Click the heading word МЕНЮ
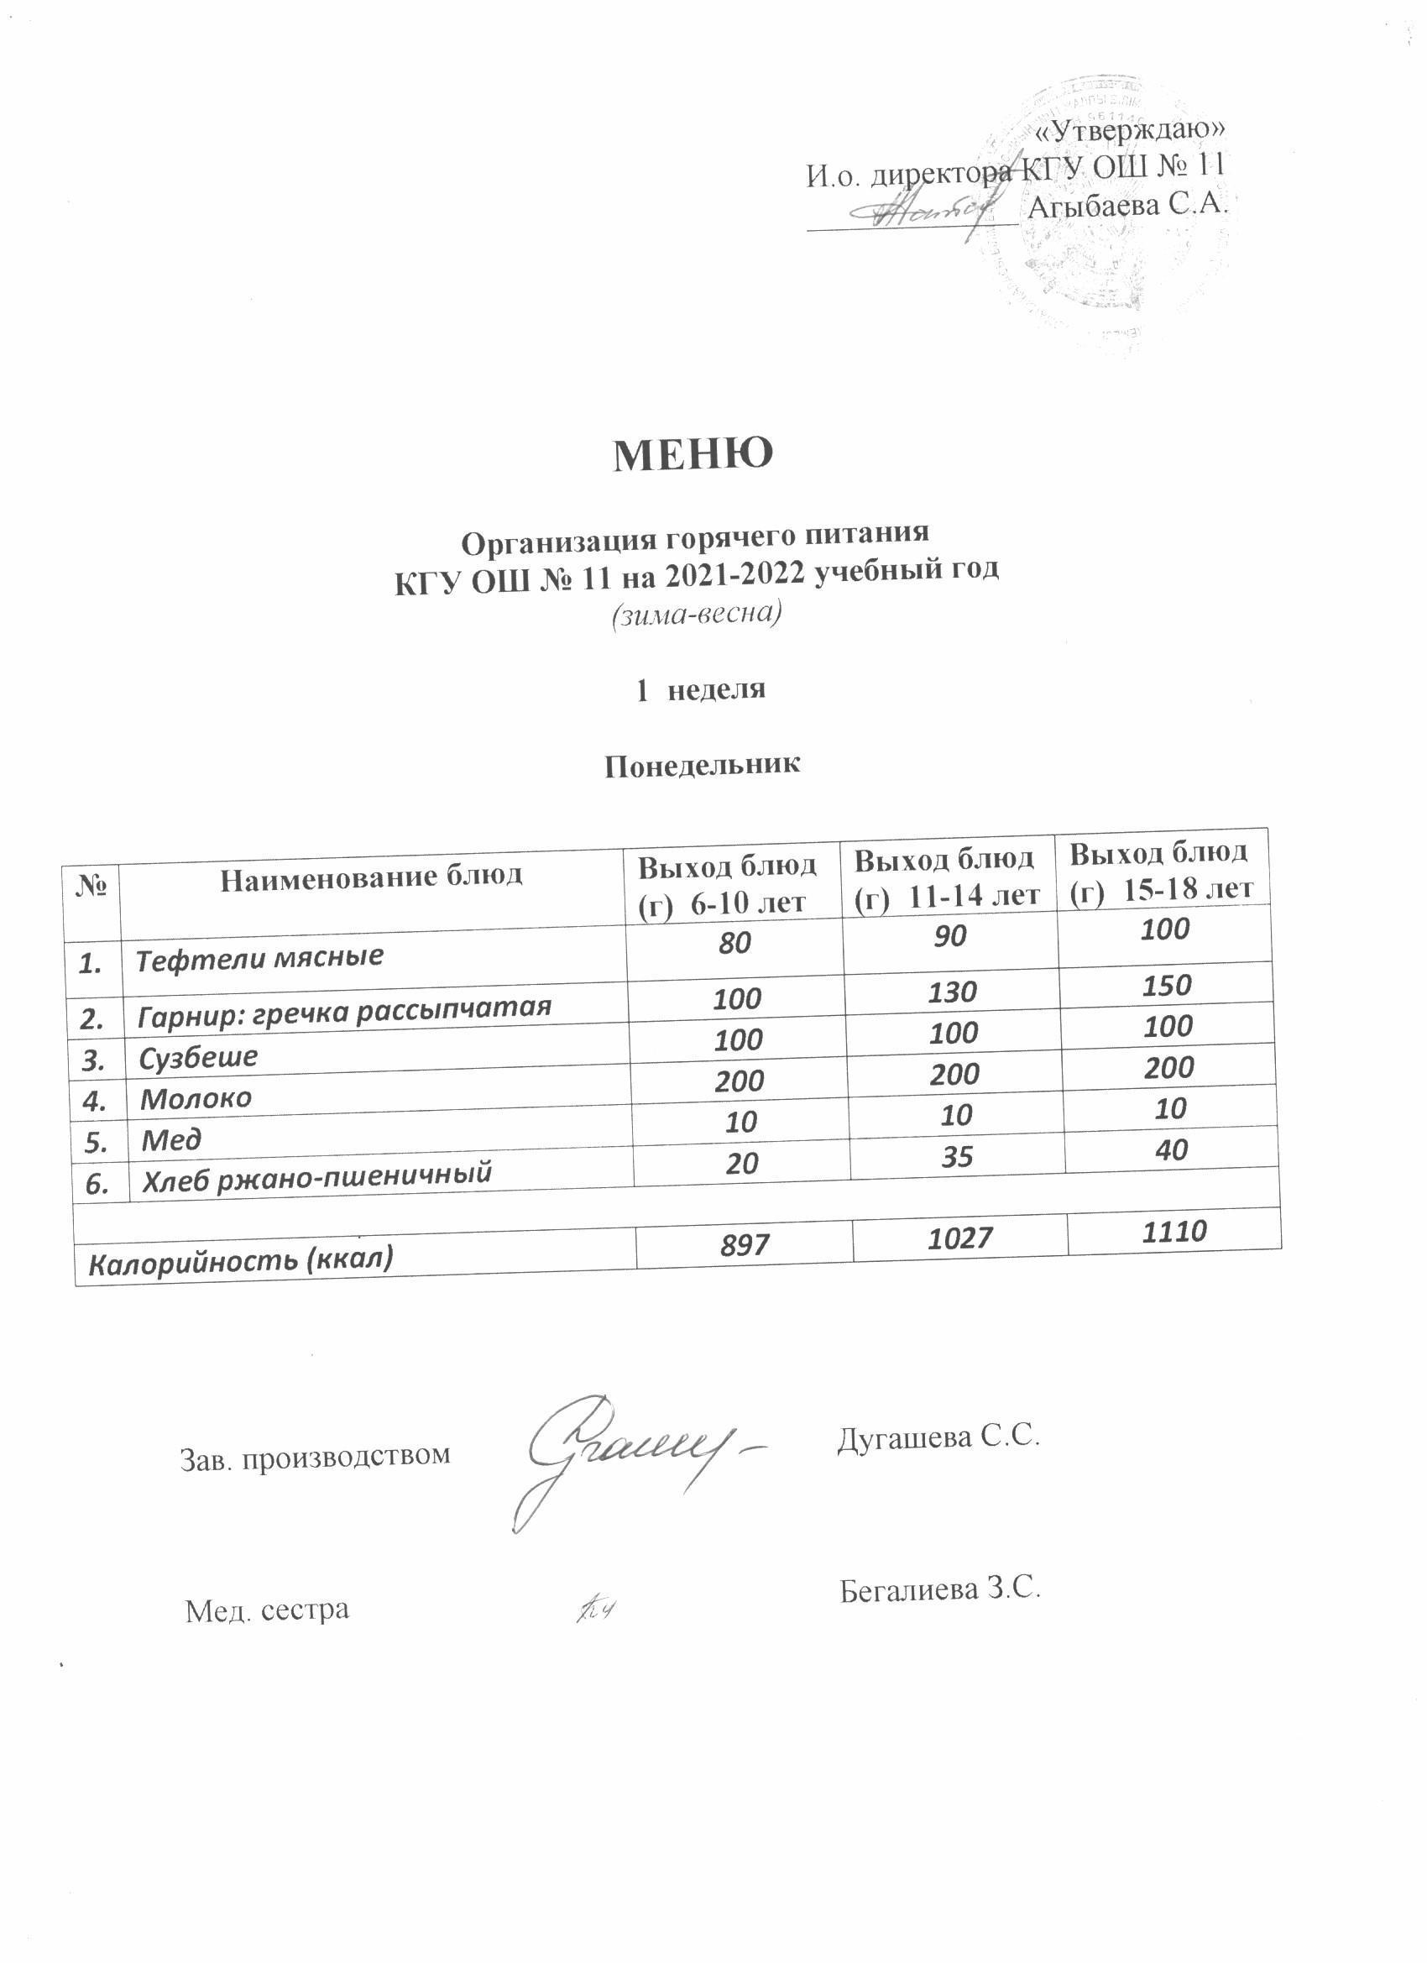pyautogui.click(x=693, y=454)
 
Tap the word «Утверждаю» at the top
pyautogui.click(x=1131, y=131)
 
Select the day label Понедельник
pyautogui.click(x=703, y=764)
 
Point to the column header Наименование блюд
pyautogui.click(x=371, y=877)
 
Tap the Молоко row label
pyautogui.click(x=196, y=1098)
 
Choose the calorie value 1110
pyautogui.click(x=1173, y=1232)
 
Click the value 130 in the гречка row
pyautogui.click(x=953, y=992)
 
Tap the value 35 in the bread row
pyautogui.click(x=957, y=1156)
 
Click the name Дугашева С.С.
pyautogui.click(x=937, y=1437)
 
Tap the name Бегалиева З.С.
pyautogui.click(x=939, y=1590)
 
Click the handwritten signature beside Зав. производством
pyautogui.click(x=640, y=1454)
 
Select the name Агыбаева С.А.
pyautogui.click(x=1127, y=204)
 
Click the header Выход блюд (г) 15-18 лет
pyautogui.click(x=1162, y=871)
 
